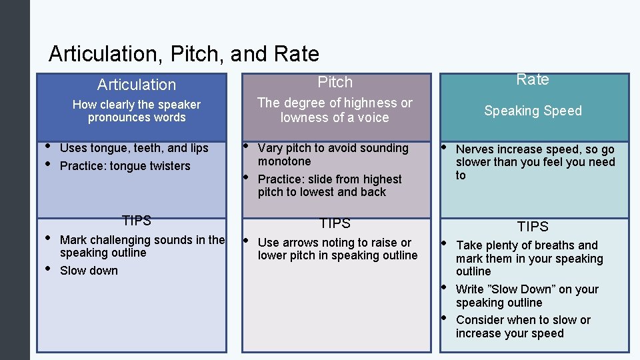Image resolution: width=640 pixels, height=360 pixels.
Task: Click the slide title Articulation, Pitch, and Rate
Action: click(183, 53)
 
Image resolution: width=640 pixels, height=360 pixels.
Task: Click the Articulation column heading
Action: click(137, 85)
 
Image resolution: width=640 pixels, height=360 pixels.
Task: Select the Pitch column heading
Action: click(335, 82)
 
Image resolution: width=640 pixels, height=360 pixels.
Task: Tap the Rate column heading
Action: click(533, 79)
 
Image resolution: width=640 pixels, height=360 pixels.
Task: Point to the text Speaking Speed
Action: click(533, 111)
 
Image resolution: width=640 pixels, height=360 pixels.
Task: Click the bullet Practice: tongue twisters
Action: click(125, 166)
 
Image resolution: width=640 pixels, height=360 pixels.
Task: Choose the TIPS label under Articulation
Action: click(137, 220)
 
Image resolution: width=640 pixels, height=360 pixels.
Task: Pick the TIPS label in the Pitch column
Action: click(335, 223)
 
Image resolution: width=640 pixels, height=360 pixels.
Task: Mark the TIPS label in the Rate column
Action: click(533, 227)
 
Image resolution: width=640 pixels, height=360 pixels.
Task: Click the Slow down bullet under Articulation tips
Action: click(89, 271)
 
